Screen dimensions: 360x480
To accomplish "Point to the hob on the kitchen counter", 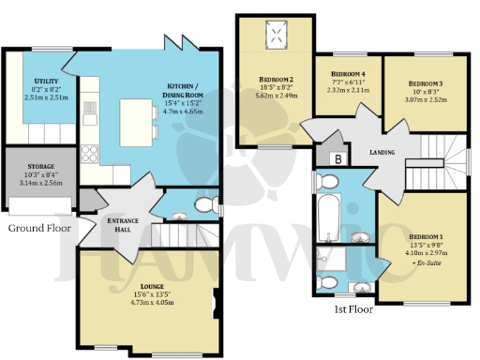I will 91,153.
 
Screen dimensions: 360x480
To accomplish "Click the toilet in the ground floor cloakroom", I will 202,205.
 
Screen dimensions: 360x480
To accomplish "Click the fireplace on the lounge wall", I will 218,299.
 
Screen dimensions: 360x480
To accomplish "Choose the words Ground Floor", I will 40,228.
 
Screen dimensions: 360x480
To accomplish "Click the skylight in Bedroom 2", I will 277,37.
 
